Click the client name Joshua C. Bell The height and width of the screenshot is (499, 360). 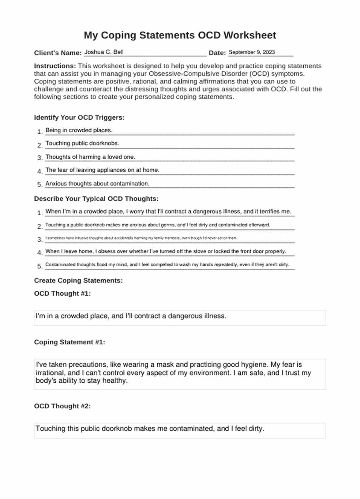(104, 52)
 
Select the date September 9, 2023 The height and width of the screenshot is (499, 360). (252, 52)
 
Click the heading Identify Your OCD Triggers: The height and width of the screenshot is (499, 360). (79, 118)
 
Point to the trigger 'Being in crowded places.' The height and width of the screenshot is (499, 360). (79, 130)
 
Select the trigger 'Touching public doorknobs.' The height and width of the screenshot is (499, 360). (82, 143)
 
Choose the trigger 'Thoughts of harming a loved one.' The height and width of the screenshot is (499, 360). (90, 157)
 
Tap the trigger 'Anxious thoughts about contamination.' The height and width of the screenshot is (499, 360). (97, 184)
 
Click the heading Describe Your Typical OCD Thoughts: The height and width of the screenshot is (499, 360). (96, 199)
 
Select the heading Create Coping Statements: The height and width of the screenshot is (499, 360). (78, 280)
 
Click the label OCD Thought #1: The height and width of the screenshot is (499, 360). (62, 294)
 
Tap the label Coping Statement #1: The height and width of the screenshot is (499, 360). (69, 342)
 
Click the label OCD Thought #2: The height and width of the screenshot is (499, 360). (62, 406)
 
